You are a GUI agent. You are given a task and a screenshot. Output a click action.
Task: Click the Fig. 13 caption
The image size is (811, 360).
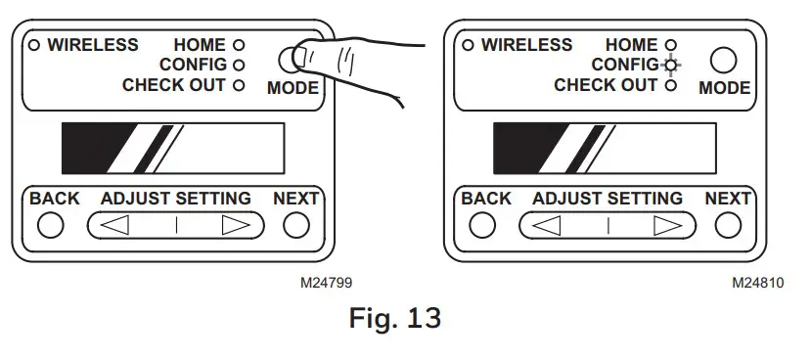point(395,319)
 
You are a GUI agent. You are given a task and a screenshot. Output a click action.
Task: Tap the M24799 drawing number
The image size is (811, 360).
point(327,283)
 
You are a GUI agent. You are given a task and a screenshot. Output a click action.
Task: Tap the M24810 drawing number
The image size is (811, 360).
point(758,283)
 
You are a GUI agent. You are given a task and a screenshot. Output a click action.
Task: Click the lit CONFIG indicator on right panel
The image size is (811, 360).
point(670,66)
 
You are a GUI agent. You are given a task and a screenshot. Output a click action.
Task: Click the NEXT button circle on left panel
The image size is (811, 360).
point(295,225)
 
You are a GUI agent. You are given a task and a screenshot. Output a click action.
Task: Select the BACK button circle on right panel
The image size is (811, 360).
point(481,225)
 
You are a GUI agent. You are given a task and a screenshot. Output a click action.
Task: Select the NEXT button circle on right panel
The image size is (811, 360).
point(727,225)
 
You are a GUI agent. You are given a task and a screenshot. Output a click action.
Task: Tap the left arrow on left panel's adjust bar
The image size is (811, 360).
point(116,225)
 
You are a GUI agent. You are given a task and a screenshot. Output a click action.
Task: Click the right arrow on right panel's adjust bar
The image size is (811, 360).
point(668,225)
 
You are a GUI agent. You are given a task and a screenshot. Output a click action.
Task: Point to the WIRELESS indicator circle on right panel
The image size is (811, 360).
point(468,45)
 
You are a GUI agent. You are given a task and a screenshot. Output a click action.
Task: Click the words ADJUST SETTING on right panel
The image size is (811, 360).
point(608,199)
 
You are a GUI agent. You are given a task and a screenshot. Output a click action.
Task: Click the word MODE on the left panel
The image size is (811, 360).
point(293,88)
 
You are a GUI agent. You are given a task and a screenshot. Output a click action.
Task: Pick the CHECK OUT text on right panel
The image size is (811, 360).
point(606,85)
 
